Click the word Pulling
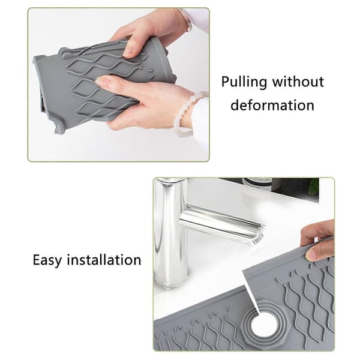244,82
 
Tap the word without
298,82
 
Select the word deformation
272,106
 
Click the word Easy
47,260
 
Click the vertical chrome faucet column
170,232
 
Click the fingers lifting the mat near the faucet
318,241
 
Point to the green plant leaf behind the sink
314,187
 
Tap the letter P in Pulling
226,82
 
